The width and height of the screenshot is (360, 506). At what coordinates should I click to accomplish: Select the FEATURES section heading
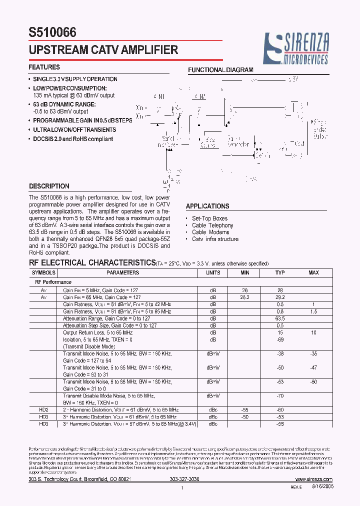pos(44,67)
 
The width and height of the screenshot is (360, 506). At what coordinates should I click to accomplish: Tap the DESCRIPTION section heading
pos(49,186)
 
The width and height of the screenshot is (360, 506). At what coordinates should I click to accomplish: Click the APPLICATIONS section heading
pos(207,206)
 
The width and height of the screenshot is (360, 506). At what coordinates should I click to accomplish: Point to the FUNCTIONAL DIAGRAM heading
pos(220,70)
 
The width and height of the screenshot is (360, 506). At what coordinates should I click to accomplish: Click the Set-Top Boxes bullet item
pos(209,218)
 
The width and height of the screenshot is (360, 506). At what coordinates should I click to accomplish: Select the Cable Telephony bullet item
pos(212,225)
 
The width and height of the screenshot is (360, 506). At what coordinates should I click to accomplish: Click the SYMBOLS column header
pos(44,272)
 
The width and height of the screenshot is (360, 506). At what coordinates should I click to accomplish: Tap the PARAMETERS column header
pos(122,272)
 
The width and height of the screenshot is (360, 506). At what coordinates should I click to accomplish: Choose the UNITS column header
pos(213,272)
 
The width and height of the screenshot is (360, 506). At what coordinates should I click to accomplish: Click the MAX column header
pos(313,272)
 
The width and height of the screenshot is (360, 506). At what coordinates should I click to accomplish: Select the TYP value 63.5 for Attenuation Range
pos(280,318)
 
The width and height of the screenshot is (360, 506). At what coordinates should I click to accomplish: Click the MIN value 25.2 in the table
pos(244,297)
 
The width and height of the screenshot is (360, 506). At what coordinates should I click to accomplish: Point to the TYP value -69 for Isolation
pos(280,339)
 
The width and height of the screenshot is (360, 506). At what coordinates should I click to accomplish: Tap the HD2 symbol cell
pos(43,409)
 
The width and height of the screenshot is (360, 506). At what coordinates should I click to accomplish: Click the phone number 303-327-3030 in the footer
pos(184,479)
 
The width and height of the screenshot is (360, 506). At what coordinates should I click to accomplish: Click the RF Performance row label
pos(53,282)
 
